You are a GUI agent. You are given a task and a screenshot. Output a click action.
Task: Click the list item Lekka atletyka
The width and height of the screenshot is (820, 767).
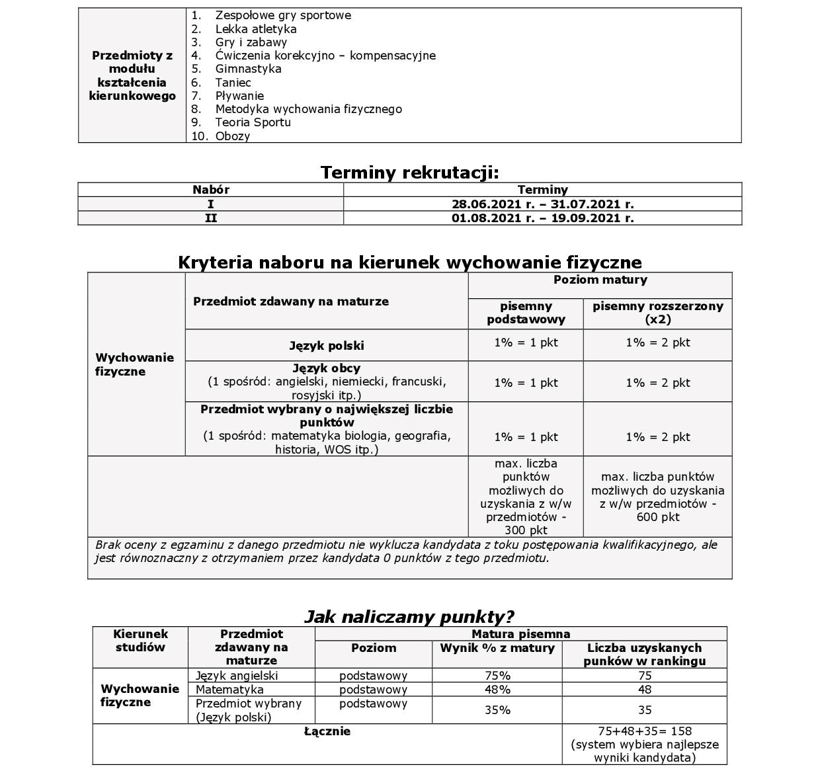255,29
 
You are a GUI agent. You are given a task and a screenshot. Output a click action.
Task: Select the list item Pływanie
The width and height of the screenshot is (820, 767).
239,96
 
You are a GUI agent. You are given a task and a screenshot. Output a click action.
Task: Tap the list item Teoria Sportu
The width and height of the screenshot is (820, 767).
253,122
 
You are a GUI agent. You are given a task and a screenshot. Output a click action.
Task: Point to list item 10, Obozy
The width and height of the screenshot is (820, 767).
232,136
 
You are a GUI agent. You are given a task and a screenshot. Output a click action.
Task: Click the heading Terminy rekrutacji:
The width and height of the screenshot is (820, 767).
409,173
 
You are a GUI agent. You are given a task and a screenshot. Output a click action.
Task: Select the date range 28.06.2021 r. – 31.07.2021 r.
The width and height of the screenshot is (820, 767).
542,204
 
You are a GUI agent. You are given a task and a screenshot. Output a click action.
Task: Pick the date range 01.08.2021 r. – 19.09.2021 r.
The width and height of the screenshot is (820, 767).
542,218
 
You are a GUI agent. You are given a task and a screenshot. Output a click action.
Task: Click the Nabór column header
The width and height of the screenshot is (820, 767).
210,190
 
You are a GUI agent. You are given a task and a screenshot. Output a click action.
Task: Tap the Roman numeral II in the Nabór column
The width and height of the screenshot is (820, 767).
210,218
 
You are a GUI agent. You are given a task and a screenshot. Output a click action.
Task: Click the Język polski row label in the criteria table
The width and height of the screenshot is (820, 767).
327,346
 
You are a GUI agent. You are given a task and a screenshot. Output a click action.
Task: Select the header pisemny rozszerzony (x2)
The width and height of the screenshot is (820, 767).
657,313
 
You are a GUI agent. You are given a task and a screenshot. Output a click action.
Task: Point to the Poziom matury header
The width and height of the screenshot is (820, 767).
600,280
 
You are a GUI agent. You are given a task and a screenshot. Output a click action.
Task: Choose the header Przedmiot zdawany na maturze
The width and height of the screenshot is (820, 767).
291,302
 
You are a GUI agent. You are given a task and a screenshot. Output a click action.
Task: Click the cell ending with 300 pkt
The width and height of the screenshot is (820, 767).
526,497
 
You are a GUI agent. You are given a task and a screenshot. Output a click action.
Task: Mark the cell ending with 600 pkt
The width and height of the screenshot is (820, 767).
657,497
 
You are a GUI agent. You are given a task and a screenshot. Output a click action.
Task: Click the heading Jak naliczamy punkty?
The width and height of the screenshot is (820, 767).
409,617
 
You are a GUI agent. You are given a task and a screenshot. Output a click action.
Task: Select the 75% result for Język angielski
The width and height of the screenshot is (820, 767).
497,676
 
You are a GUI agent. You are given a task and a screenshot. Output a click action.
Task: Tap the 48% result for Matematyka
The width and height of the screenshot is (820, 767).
497,690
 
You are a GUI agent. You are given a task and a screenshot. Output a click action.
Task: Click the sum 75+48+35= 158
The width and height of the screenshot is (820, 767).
644,731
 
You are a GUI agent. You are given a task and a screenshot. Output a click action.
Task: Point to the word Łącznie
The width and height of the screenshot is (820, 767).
327,731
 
